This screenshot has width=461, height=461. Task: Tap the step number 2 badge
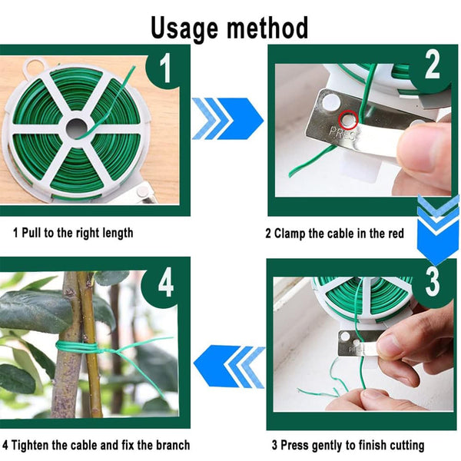click(x=433, y=66)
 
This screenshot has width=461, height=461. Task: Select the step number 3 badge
click(x=433, y=282)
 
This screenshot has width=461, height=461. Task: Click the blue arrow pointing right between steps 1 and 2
click(x=227, y=118)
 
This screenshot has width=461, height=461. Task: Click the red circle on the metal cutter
click(x=349, y=119)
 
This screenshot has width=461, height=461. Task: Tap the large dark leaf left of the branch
click(x=31, y=310)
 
